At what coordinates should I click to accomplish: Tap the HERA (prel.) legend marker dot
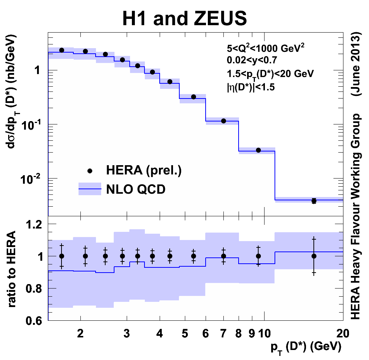89,171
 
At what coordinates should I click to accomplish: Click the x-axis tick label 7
223,333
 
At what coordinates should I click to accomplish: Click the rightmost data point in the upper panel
314,201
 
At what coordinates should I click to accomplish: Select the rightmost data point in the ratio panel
314,256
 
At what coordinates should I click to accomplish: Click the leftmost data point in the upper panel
62,50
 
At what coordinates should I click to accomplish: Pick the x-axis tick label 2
80,333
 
